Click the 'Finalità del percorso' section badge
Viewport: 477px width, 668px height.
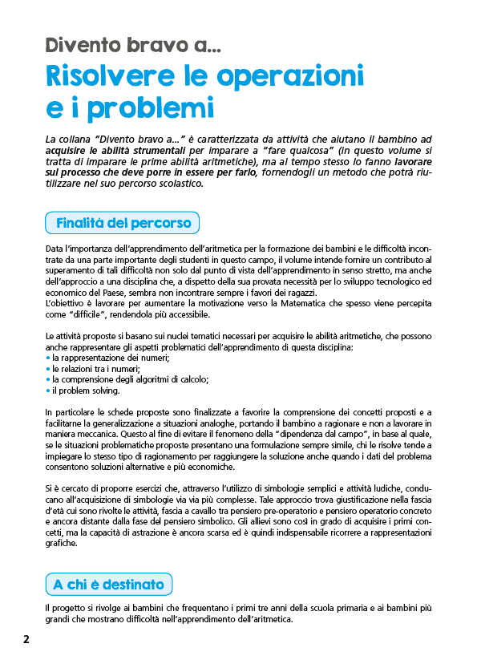123,222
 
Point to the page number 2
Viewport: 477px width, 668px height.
26,639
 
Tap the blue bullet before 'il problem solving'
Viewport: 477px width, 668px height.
48,391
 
